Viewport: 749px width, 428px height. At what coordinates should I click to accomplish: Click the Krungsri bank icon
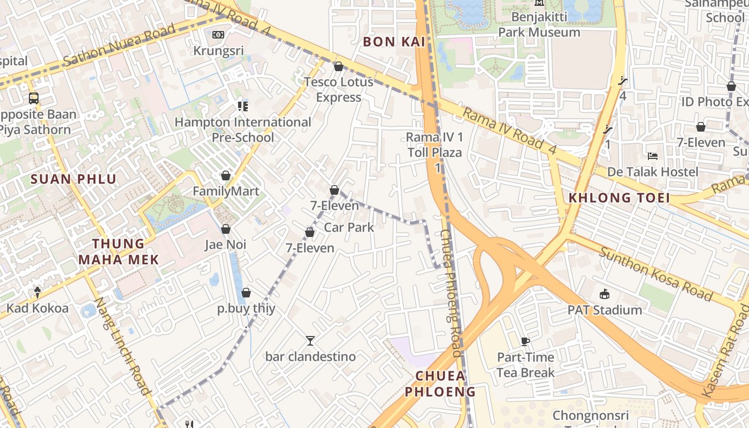[218, 35]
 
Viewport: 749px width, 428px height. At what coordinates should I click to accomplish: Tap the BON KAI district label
[394, 42]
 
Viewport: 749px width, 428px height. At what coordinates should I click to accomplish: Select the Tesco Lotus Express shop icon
[338, 67]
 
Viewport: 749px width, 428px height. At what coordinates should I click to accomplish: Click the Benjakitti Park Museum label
[539, 25]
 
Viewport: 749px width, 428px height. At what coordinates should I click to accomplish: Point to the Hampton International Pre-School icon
[243, 106]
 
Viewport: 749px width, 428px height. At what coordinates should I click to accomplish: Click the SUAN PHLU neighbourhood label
[73, 179]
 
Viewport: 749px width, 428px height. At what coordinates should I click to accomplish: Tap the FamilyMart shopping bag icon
[226, 176]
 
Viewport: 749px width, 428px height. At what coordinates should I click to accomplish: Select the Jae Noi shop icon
[226, 230]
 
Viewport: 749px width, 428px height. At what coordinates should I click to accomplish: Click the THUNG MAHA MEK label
[118, 252]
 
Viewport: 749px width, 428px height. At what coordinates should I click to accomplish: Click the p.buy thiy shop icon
[246, 293]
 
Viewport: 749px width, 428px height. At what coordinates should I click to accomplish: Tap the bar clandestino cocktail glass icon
[310, 340]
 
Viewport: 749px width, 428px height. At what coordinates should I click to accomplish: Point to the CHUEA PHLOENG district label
[440, 384]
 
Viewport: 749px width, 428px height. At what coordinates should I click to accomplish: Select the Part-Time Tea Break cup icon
[525, 341]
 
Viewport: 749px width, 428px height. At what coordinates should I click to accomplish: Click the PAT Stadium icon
[605, 294]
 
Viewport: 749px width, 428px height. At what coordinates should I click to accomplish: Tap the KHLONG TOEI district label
[619, 198]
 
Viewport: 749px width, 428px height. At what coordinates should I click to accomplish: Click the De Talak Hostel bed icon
[653, 156]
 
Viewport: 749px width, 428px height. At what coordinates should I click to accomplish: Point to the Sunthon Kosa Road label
[655, 274]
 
